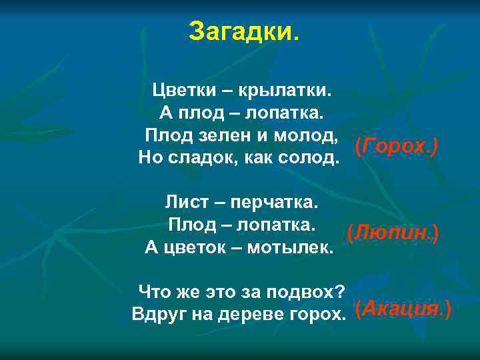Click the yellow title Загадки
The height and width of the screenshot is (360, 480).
coord(244,31)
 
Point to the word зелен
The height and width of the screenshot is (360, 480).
coord(229,136)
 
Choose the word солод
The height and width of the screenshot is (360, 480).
coord(307,159)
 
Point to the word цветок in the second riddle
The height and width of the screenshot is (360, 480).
coord(201,248)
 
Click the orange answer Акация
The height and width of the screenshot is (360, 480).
coord(403,309)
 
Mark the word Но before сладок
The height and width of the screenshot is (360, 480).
coord(149,159)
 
